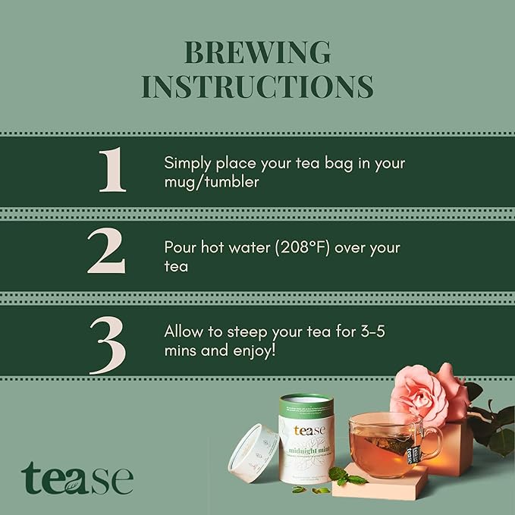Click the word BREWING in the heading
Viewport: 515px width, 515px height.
pos(257,53)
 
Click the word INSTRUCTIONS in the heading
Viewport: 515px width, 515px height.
pos(257,86)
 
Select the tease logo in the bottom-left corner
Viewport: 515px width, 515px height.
pos(77,479)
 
